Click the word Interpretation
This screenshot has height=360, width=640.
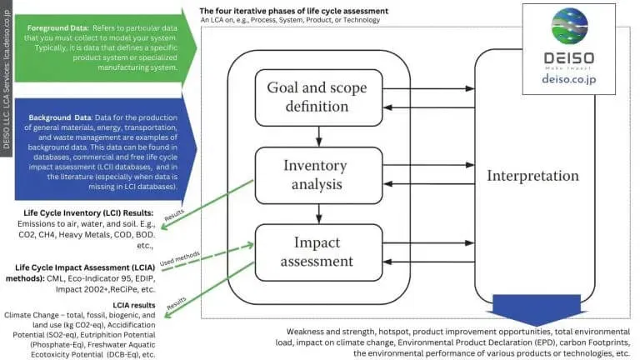coord(532,176)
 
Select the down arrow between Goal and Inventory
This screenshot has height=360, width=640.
coord(318,133)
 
